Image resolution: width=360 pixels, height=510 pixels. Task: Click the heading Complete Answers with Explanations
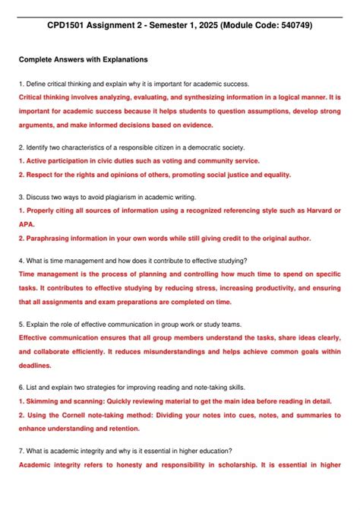83,59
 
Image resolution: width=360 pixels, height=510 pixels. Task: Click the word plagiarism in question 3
127,195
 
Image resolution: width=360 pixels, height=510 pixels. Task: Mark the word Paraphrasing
51,238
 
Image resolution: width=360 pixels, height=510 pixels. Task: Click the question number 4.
21,259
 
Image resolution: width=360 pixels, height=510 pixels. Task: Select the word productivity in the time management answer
245,288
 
